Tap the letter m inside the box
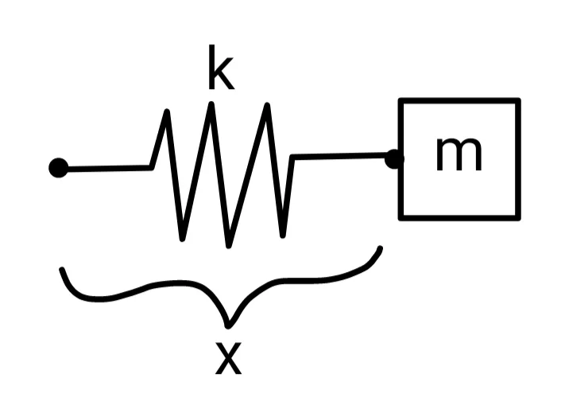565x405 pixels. [459, 154]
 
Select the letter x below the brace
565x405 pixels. [228, 359]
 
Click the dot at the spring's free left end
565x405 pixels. [58, 168]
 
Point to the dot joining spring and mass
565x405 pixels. [393, 158]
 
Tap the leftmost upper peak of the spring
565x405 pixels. [167, 111]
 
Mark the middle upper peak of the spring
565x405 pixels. [211, 105]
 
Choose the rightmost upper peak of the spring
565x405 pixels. [268, 106]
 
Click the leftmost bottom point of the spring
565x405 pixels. [183, 238]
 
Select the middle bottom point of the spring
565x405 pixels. [229, 244]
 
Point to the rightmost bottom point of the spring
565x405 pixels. [284, 236]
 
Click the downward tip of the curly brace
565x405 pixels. [229, 325]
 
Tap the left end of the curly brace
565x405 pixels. [62, 271]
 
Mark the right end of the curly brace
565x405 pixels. [381, 249]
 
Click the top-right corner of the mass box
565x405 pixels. [518, 101]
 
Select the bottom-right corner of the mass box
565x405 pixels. [518, 216]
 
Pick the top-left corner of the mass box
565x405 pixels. [401, 101]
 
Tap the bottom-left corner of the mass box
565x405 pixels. [401, 216]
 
